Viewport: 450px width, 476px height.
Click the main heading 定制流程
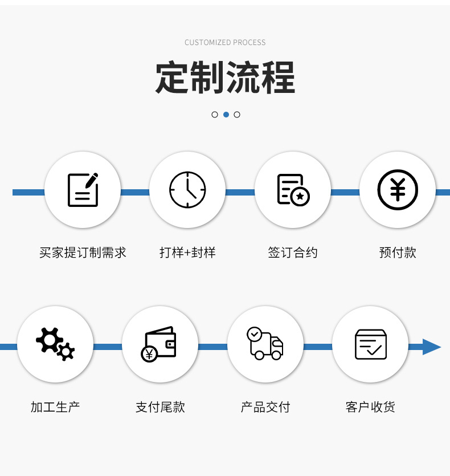(x=225, y=77)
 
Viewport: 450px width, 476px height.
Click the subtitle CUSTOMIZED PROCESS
(x=225, y=43)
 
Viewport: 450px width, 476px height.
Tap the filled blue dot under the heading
(x=226, y=115)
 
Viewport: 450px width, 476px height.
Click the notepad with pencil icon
(x=83, y=190)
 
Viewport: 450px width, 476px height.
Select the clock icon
(x=187, y=190)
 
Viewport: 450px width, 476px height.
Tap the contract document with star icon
(x=293, y=190)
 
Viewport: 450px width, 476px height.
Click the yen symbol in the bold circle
(x=398, y=190)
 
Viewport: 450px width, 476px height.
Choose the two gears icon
(x=55, y=344)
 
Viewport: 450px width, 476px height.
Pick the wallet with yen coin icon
(x=159, y=344)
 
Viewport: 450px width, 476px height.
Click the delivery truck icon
(x=265, y=343)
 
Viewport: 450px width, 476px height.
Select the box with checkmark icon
(x=371, y=344)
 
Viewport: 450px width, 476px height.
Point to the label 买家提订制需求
(x=83, y=253)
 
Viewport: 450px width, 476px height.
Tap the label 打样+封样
(x=187, y=253)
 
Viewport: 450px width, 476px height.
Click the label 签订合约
(x=293, y=253)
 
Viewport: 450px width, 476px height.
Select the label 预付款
(x=398, y=253)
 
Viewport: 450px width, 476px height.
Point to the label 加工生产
(x=55, y=407)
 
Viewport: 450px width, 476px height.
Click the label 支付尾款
(x=160, y=407)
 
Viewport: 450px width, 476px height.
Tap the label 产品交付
(x=265, y=407)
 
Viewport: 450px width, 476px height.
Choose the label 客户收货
(x=370, y=407)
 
